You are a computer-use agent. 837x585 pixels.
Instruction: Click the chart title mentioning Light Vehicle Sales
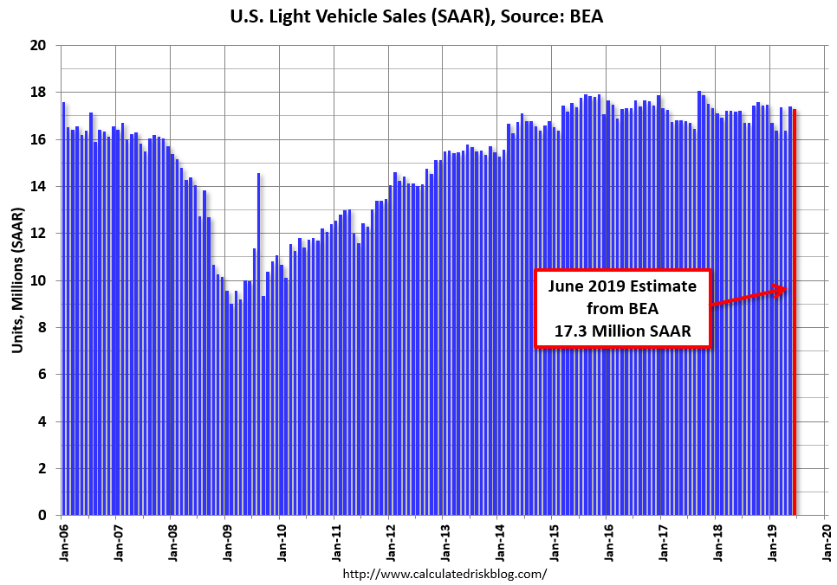tap(418, 16)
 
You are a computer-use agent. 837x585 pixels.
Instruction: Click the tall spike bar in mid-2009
tap(258, 346)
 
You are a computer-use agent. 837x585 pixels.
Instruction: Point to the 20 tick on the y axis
tap(39, 45)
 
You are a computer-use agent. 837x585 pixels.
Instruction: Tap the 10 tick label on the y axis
tap(39, 280)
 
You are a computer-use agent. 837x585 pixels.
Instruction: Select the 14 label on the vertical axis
tap(39, 186)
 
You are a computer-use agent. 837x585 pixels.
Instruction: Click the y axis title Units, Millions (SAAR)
tap(17, 280)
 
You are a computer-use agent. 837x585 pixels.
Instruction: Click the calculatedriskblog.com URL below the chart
tap(444, 574)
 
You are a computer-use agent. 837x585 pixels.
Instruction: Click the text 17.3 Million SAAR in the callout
tap(622, 331)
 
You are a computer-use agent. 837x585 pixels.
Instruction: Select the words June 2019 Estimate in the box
tap(622, 286)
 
